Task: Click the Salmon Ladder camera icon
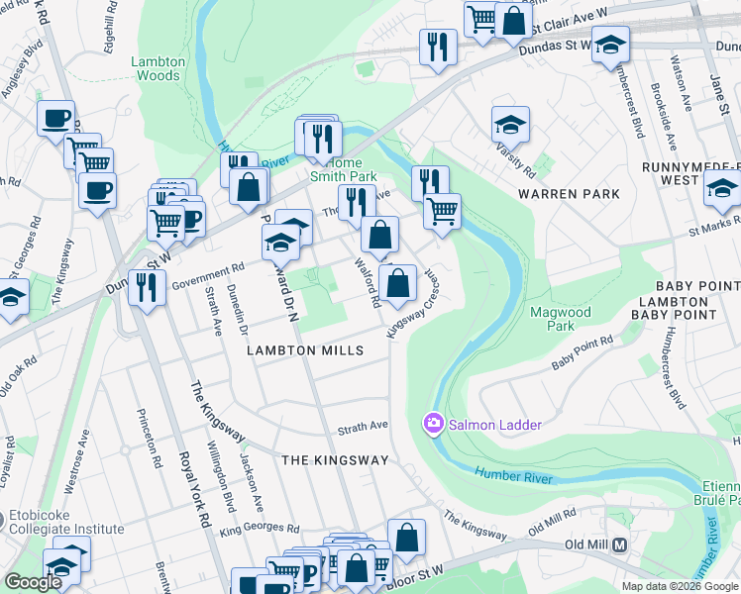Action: coord(433,425)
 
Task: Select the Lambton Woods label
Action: coord(157,68)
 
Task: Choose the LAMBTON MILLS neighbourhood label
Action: coord(306,351)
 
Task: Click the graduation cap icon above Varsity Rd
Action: coord(510,125)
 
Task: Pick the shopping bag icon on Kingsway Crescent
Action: coord(397,283)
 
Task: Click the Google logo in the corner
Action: coord(33,582)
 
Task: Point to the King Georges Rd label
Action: coord(259,530)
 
